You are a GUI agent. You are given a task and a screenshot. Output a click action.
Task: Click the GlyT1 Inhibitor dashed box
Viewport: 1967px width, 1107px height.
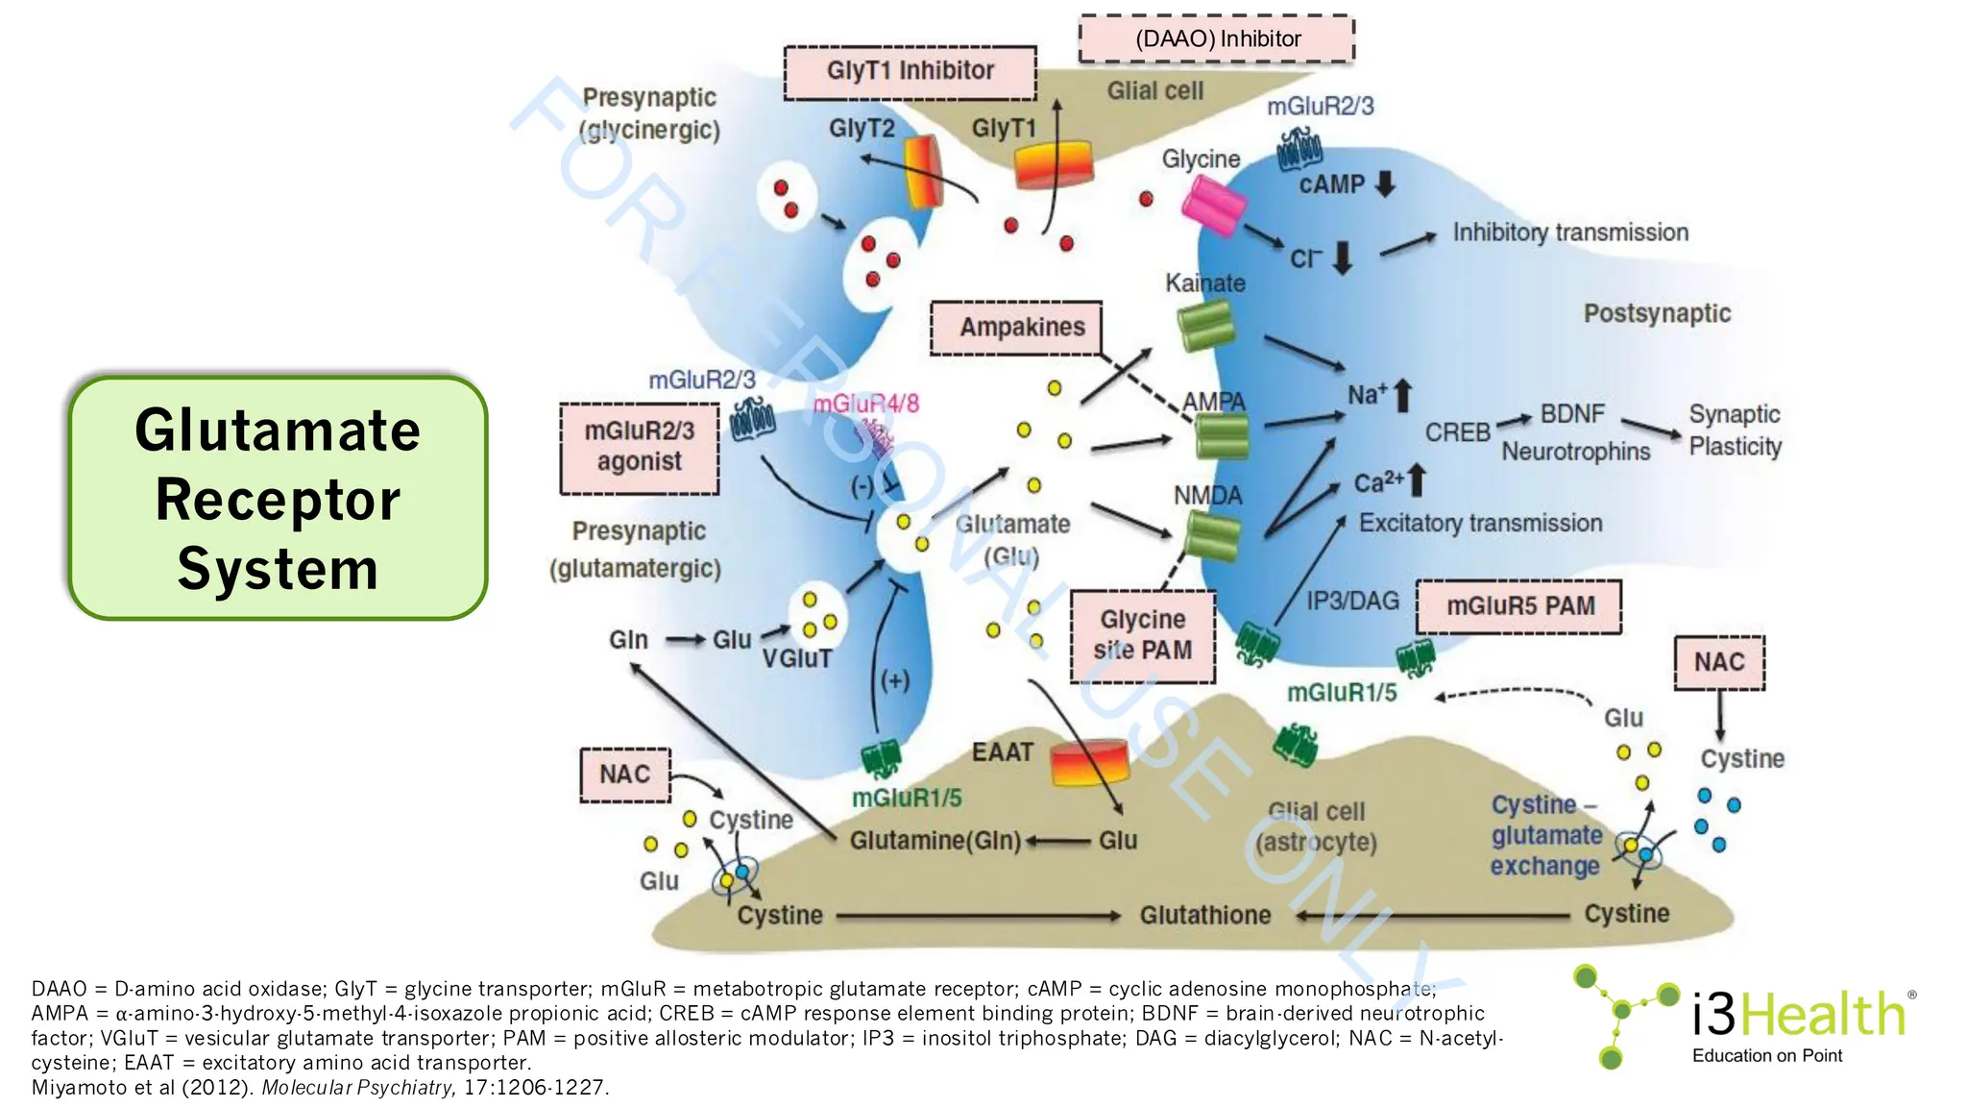tap(910, 72)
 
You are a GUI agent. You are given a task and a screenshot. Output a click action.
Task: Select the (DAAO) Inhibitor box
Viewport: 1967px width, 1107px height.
tap(1216, 39)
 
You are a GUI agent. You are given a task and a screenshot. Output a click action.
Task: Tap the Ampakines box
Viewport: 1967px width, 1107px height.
tap(1016, 328)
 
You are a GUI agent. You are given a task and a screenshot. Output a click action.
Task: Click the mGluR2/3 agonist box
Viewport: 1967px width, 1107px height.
tap(640, 448)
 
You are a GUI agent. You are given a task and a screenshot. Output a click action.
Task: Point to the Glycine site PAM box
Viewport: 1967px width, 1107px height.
tap(1142, 635)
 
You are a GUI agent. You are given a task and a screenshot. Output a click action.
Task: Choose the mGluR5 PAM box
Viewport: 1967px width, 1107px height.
tap(1518, 606)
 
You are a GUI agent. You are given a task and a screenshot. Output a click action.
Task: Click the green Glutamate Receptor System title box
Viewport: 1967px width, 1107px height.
tap(278, 498)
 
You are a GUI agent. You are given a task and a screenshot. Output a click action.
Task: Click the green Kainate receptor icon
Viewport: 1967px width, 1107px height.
tap(1206, 326)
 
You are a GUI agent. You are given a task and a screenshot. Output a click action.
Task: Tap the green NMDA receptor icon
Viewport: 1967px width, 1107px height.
tap(1212, 535)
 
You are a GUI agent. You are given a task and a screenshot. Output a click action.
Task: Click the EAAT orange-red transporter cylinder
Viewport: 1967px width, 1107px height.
tap(1089, 763)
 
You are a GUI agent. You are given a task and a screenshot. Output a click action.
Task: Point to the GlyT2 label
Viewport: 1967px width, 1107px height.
tap(862, 129)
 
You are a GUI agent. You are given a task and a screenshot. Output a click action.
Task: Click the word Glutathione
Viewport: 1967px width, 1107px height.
tap(1204, 915)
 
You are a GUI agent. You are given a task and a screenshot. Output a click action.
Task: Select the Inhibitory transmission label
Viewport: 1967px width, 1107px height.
tap(1569, 233)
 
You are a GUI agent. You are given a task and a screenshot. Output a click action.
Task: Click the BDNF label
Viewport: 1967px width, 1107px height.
tap(1572, 414)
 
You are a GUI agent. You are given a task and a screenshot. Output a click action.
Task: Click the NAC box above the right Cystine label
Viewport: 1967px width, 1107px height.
tap(1718, 662)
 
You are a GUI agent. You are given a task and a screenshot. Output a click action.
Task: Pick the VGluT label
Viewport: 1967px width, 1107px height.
tap(796, 659)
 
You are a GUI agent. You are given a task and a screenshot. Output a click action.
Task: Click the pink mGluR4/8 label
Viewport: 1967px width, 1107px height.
tap(865, 404)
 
